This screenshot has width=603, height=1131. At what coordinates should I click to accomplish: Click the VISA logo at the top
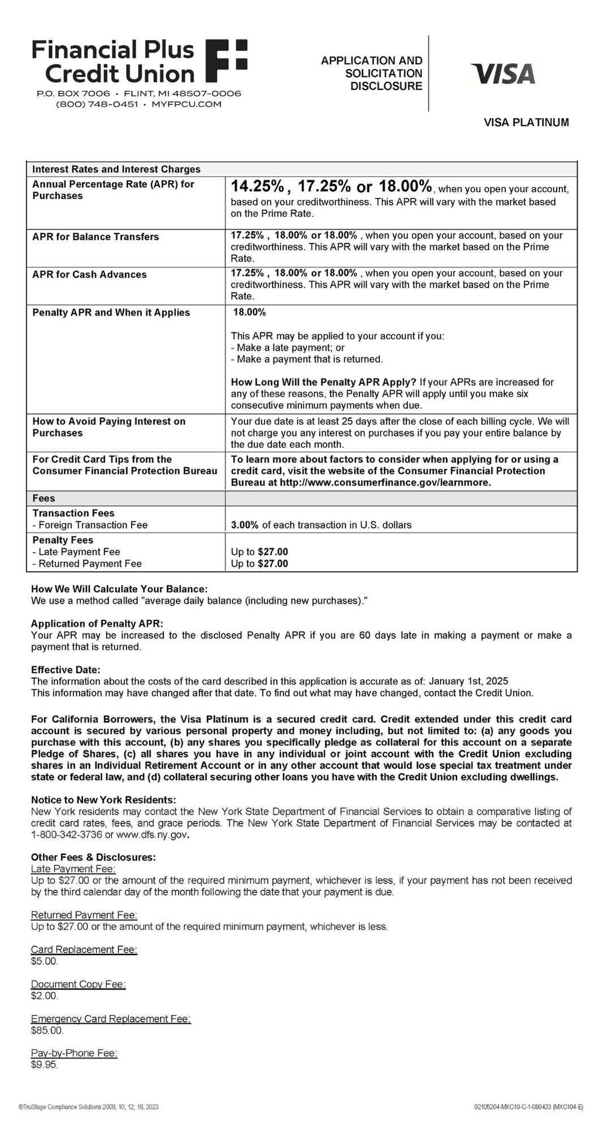coord(503,74)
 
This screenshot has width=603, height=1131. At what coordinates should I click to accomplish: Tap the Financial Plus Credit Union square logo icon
coord(226,61)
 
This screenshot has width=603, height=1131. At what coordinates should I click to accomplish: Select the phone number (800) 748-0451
coord(97,104)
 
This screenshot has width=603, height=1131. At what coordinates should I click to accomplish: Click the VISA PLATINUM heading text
coord(526,122)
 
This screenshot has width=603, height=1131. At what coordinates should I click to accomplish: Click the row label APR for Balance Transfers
coord(96,237)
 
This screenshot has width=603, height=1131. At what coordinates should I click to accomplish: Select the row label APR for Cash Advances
coord(89,275)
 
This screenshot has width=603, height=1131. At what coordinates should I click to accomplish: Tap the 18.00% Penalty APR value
coord(249,312)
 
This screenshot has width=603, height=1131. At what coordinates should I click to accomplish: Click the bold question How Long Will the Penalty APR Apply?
coord(324,382)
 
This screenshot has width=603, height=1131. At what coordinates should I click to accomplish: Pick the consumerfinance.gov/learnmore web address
coord(385,483)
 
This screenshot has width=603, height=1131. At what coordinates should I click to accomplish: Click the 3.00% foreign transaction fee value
coord(244,525)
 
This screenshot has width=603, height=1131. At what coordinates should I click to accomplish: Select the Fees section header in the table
coord(44,498)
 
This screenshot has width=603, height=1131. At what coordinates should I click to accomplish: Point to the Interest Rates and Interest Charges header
coord(116,169)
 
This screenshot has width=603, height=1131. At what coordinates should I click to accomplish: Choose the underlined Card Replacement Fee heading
coord(84,949)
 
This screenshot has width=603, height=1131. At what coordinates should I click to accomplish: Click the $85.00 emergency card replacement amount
coord(47,1030)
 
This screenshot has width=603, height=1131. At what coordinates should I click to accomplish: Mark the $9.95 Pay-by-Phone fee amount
coord(45,1065)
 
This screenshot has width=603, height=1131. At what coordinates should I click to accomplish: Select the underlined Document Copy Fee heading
coord(78,984)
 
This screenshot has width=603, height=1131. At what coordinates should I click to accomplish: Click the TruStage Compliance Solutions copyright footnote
coord(89,1107)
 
